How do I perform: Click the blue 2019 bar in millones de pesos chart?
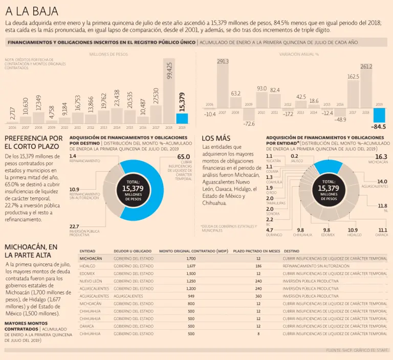(182, 118)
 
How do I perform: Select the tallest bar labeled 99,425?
(169, 91)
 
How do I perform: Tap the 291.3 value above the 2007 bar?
(223, 61)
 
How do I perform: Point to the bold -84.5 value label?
(379, 126)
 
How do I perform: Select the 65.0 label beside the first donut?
(183, 157)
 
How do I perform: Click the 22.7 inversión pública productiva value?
(74, 226)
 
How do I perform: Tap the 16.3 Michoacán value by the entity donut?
(381, 156)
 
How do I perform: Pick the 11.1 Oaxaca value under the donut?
(382, 230)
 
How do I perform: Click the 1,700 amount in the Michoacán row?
(191, 259)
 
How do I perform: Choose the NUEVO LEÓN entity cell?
(91, 281)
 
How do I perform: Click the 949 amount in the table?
(191, 296)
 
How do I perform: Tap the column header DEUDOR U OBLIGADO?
(132, 251)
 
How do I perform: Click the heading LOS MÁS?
(216, 138)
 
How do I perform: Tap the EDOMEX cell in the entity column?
(88, 274)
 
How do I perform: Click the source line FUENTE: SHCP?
(358, 350)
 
